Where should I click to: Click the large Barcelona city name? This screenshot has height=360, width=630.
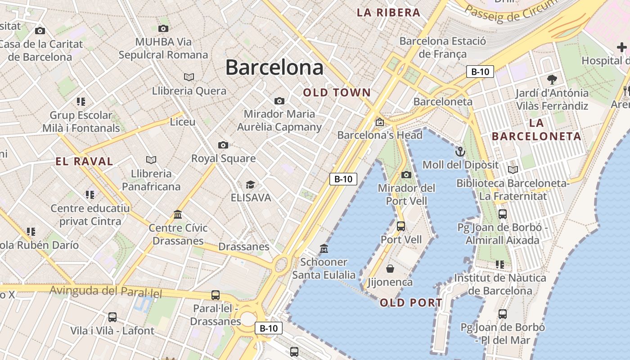274,67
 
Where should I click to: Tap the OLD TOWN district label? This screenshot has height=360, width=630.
337,93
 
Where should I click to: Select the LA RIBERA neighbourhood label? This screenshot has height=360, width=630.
388,13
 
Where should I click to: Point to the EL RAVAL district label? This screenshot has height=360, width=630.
84,162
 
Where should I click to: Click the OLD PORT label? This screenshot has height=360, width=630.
411,303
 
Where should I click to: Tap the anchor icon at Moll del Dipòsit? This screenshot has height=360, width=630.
460,151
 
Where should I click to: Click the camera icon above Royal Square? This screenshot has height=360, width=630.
223,145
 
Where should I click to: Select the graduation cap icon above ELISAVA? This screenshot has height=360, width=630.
250,184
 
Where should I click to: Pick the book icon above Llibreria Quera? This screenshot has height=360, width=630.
189,77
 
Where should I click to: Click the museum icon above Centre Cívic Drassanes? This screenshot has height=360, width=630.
178,214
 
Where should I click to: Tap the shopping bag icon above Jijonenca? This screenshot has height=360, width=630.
390,269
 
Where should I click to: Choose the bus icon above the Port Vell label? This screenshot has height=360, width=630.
400,226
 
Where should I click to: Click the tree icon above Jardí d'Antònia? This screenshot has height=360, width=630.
552,80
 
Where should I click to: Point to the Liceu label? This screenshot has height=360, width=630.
182,122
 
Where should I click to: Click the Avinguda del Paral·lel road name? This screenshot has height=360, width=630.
105,291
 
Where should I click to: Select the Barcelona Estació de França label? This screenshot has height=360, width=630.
442,47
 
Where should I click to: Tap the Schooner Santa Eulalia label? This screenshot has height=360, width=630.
324,268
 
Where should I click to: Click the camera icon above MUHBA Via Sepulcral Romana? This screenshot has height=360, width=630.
163,28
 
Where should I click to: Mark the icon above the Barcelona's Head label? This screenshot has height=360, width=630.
379,121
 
